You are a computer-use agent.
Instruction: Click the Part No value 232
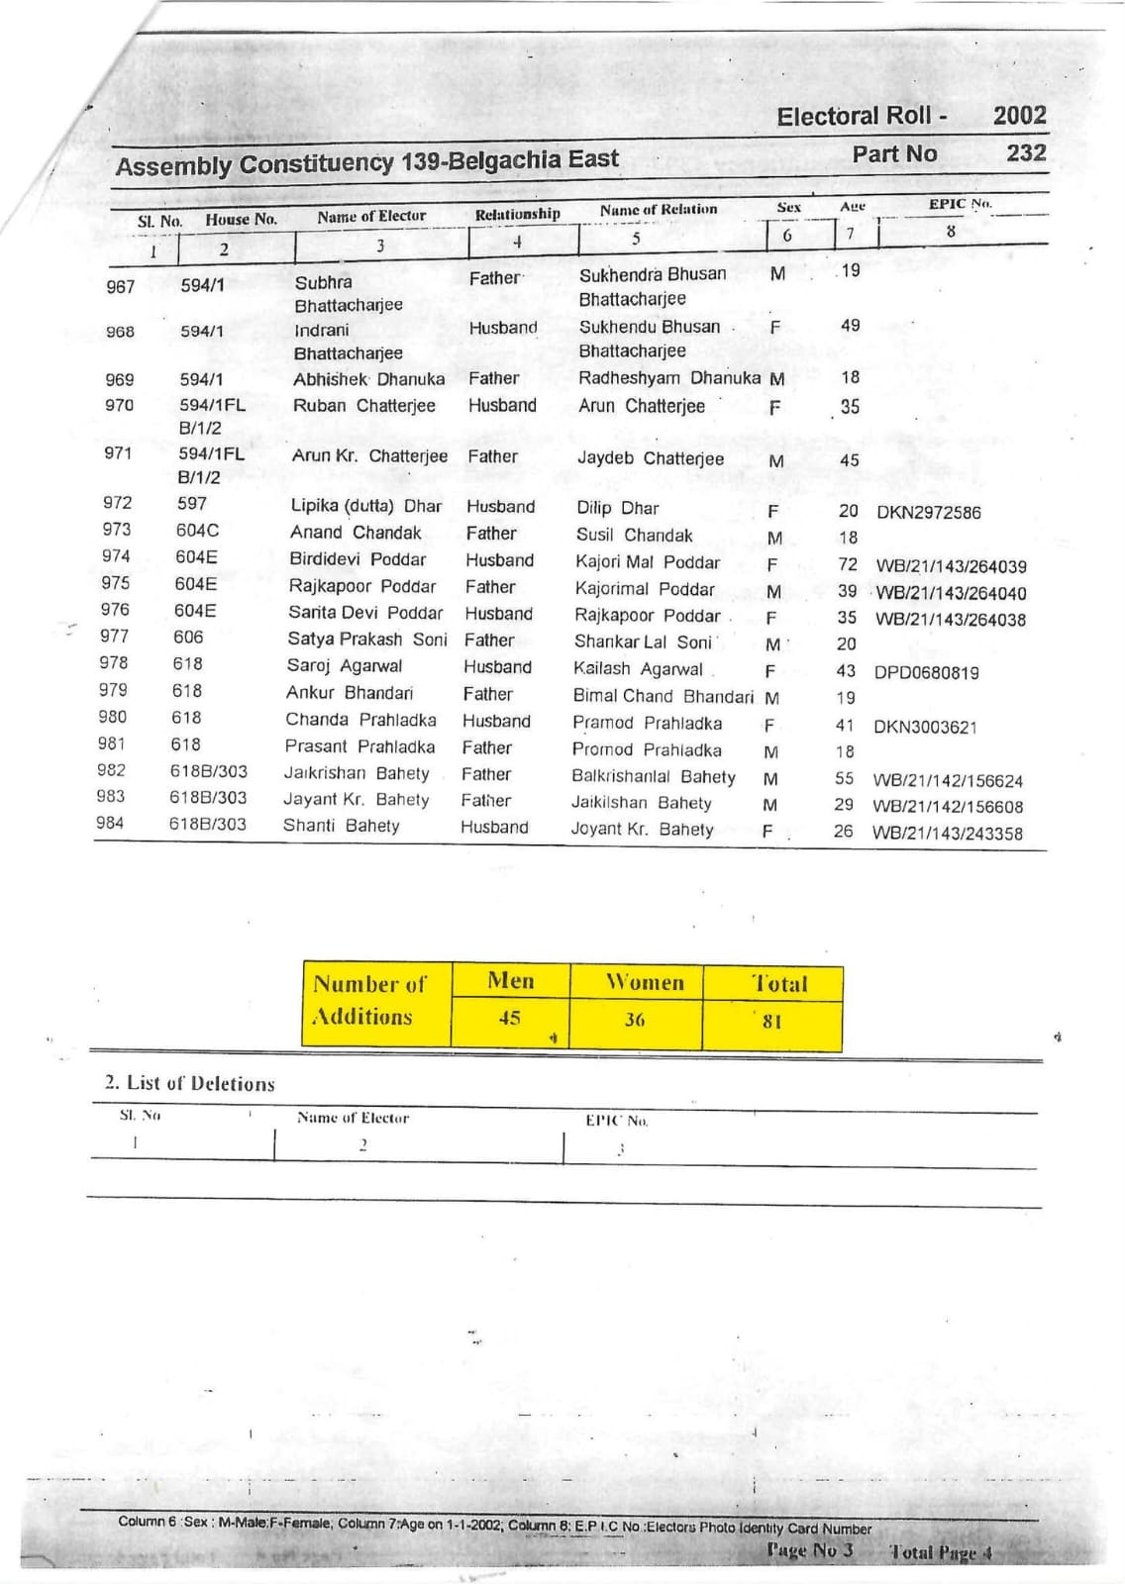click(x=1026, y=153)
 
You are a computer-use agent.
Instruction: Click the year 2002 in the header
click(x=1019, y=116)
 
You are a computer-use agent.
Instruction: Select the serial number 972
click(x=117, y=503)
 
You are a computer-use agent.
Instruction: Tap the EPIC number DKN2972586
click(x=928, y=513)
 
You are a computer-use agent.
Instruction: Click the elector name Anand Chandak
click(x=356, y=533)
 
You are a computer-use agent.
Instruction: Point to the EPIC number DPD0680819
click(x=926, y=673)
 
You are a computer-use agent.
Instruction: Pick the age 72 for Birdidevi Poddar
click(x=847, y=564)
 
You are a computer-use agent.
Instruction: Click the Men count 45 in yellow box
click(x=509, y=1018)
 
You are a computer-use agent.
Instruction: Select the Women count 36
click(x=634, y=1020)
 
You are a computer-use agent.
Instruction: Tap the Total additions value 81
click(x=771, y=1021)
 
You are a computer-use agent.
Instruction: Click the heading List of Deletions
click(x=190, y=1083)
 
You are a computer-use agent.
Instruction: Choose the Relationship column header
click(x=517, y=214)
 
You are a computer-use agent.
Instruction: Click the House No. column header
click(x=241, y=219)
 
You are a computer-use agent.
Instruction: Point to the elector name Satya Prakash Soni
click(x=366, y=640)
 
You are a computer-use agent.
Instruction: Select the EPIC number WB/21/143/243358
click(x=947, y=834)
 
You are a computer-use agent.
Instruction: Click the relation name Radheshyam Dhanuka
click(x=669, y=378)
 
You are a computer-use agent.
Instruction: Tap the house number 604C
click(x=197, y=531)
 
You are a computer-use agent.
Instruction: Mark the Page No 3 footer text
click(x=809, y=1550)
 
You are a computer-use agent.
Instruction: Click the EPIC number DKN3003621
click(x=925, y=728)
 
